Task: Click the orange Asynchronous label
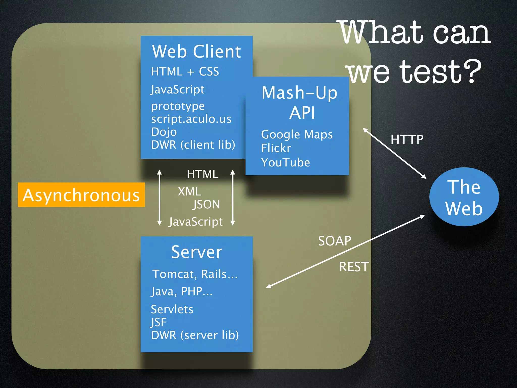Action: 81,195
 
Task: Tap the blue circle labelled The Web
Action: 464,197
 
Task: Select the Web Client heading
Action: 196,52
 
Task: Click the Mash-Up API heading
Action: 300,102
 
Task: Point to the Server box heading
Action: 197,252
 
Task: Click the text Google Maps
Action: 297,134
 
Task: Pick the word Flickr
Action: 276,148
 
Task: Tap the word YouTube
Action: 286,162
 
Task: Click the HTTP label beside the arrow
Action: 407,139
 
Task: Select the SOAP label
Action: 334,241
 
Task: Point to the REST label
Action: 354,267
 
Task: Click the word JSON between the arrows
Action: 206,204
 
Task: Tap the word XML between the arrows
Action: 189,191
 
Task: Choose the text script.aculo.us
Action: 191,119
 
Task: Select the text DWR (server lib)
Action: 195,335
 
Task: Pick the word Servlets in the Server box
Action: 172,309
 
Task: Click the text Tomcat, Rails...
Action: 195,274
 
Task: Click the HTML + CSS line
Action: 185,71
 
